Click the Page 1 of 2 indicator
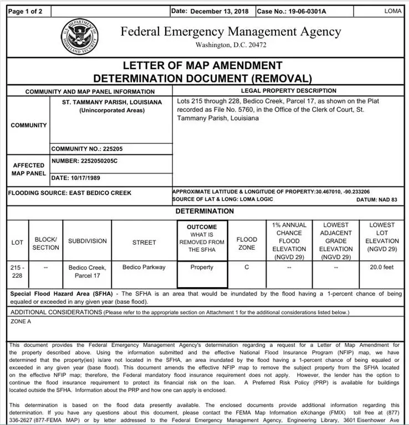(26, 11)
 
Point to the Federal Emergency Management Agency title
(231, 32)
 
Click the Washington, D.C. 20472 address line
(231, 44)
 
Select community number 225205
(84, 149)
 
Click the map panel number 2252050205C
(84, 161)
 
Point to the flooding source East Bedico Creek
(70, 193)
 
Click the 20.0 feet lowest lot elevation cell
(382, 267)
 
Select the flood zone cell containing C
(247, 267)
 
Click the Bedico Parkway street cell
(144, 267)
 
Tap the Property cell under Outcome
(202, 267)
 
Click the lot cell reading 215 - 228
(17, 271)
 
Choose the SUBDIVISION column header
(87, 241)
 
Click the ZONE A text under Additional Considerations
(21, 321)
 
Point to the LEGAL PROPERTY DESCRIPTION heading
(288, 91)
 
